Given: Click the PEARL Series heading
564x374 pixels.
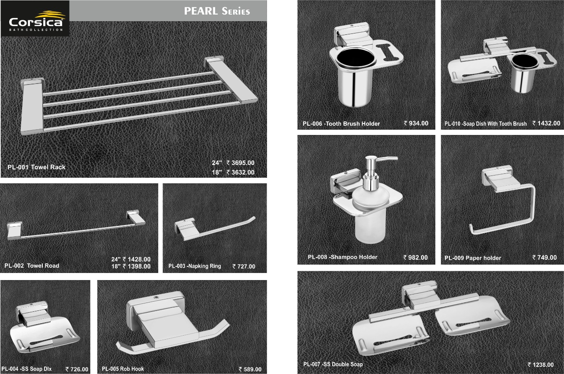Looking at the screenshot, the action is pyautogui.click(x=217, y=11).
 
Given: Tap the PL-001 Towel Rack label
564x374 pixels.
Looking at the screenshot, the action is pyautogui.click(x=36, y=167).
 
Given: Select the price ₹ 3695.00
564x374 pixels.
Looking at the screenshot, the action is pyautogui.click(x=241, y=163).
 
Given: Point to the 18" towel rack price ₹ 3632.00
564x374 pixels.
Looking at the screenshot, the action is pyautogui.click(x=241, y=172).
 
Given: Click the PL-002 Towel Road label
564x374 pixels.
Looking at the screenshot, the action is pyautogui.click(x=32, y=266).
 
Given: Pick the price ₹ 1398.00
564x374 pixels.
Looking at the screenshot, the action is pyautogui.click(x=137, y=266).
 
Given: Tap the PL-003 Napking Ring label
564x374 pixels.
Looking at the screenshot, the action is pyautogui.click(x=195, y=266).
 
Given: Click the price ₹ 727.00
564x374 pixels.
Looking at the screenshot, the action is pyautogui.click(x=244, y=266).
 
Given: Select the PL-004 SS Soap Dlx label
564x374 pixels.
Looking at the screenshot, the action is pyautogui.click(x=26, y=369).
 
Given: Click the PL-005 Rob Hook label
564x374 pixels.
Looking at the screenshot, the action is pyautogui.click(x=123, y=369).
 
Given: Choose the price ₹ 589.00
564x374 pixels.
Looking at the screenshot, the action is pyautogui.click(x=250, y=369).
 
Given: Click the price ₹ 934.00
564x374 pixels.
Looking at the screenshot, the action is pyautogui.click(x=416, y=123).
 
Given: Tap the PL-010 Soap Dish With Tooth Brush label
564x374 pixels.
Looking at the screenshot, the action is pyautogui.click(x=486, y=124).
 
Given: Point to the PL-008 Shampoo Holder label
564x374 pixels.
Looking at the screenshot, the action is pyautogui.click(x=342, y=257).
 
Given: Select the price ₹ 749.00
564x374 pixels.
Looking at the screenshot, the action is pyautogui.click(x=544, y=257).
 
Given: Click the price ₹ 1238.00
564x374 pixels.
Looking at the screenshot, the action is pyautogui.click(x=541, y=365).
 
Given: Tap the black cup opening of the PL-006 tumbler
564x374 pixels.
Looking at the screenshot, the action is pyautogui.click(x=356, y=57).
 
